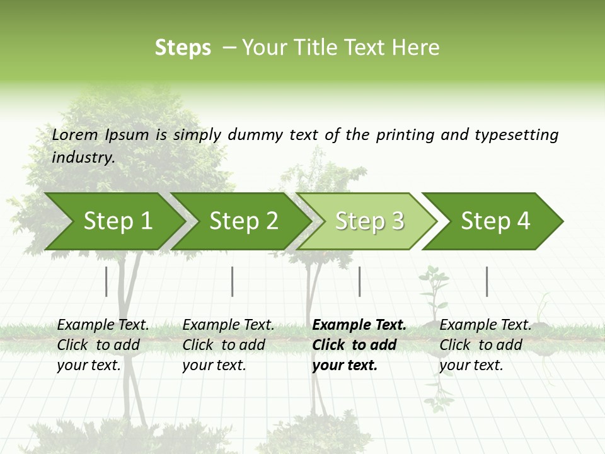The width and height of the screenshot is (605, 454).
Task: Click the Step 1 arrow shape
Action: point(113,221)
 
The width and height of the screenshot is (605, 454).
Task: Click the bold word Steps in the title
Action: point(183,48)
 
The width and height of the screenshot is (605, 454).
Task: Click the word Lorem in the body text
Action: point(75,134)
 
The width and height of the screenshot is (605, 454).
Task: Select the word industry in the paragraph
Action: point(83,157)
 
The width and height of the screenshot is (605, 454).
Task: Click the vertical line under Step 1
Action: point(106,281)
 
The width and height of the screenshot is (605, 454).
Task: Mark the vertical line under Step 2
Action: point(233,281)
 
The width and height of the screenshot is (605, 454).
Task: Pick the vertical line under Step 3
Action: point(359,281)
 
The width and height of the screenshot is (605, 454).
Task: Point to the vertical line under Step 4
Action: point(487,281)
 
